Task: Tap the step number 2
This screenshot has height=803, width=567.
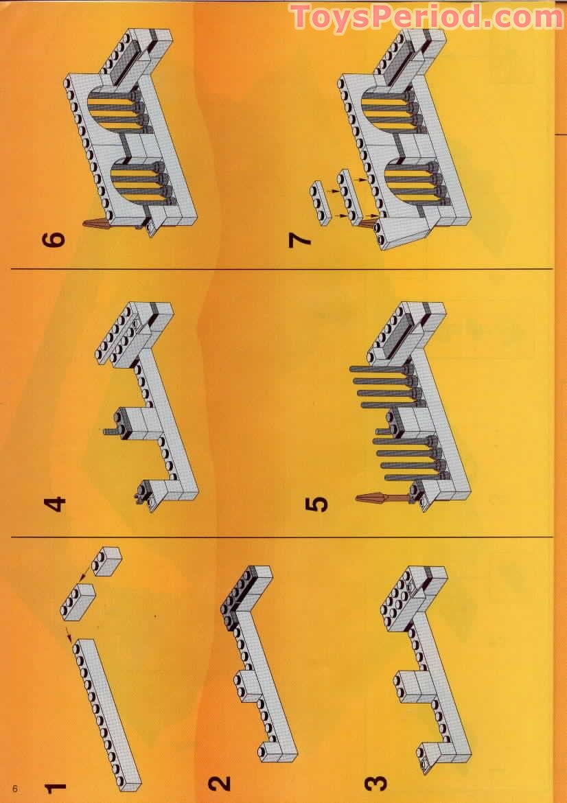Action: [219, 784]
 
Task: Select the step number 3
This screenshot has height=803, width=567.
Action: [375, 784]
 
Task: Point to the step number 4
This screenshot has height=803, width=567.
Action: [56, 504]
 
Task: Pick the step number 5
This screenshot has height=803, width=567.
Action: [316, 505]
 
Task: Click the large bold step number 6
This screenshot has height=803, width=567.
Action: [55, 239]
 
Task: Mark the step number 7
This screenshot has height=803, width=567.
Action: [300, 239]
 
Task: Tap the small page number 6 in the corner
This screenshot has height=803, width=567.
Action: [15, 788]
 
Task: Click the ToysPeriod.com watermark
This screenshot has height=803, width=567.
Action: [427, 16]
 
